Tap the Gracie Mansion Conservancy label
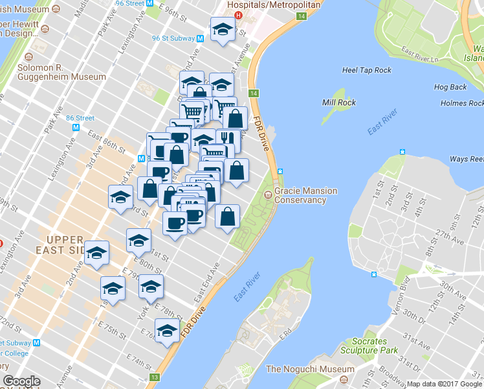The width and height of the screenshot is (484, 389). point(300,196)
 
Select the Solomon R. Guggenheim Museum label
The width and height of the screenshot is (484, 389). point(53,73)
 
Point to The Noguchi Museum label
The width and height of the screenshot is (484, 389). point(311,370)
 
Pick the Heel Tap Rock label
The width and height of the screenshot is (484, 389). point(367,70)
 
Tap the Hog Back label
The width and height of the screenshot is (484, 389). point(450,87)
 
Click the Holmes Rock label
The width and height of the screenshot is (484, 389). point(461,103)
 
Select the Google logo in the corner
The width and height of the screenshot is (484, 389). point(21,381)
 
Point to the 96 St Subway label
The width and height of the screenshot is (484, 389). point(173,38)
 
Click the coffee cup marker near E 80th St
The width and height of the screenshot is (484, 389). point(175,224)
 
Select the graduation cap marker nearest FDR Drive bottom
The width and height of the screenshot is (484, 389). point(168,331)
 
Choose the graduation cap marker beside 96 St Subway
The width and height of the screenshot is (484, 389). point(223,30)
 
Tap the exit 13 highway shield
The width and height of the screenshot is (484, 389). point(154,377)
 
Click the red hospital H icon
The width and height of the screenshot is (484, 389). point(238,16)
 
